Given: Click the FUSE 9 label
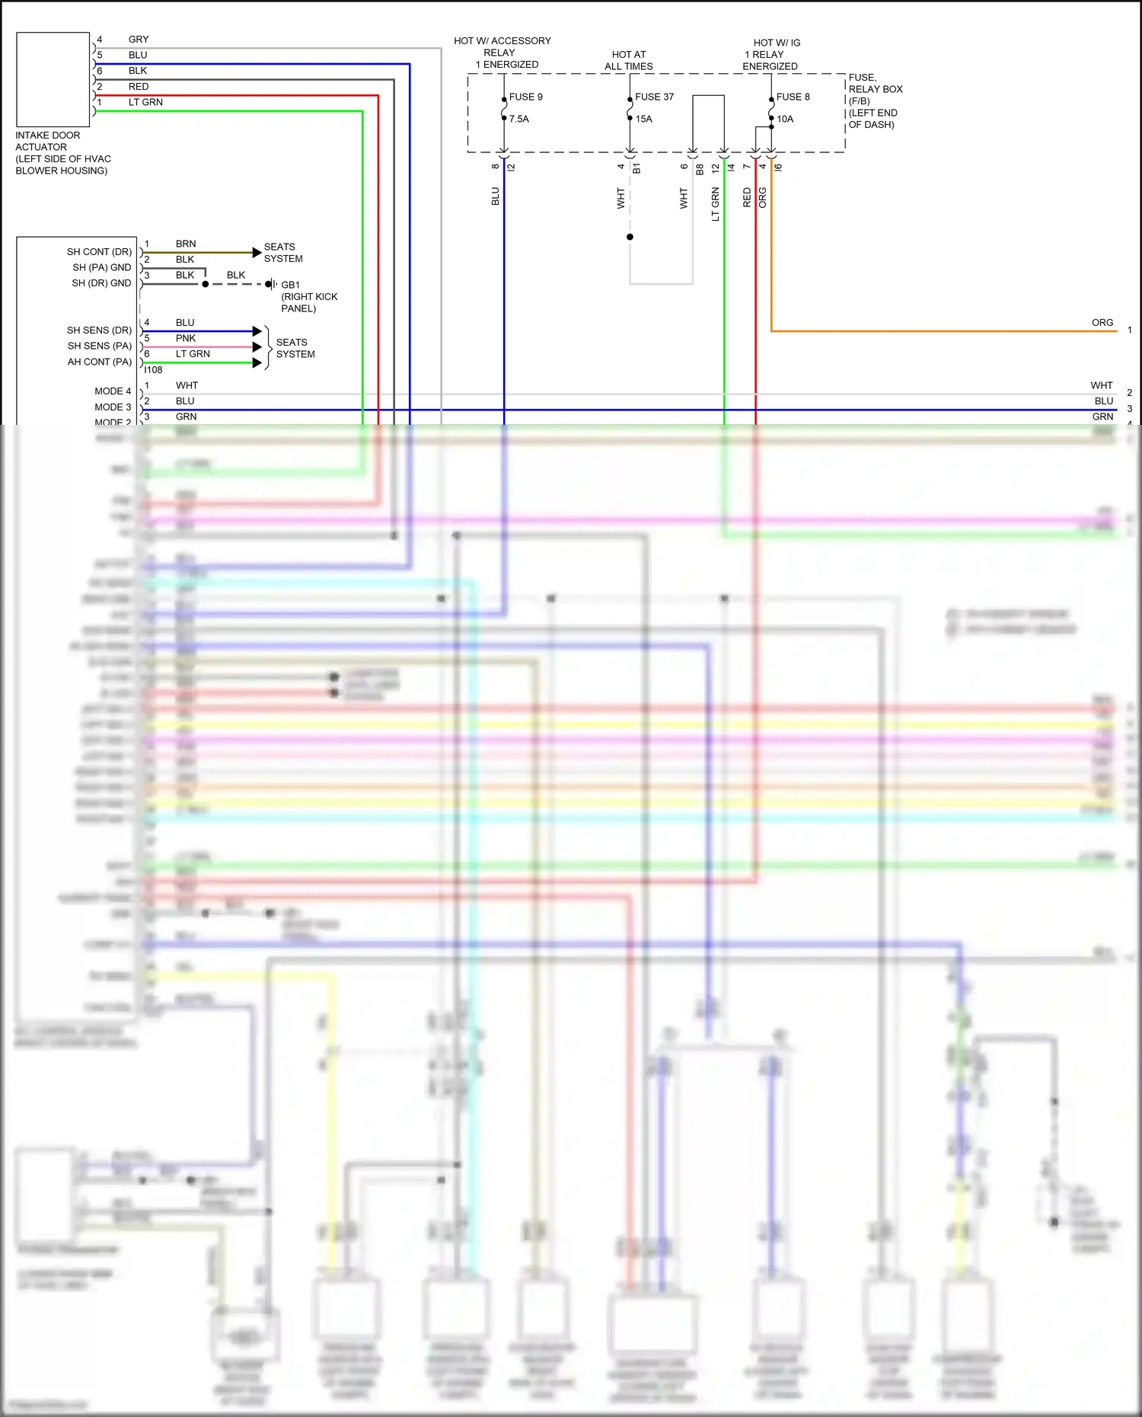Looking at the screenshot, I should pyautogui.click(x=525, y=97).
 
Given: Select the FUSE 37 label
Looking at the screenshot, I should pyautogui.click(x=654, y=97).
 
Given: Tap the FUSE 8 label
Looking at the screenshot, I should pyautogui.click(x=793, y=97).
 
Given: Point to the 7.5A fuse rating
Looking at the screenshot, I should pyautogui.click(x=518, y=119).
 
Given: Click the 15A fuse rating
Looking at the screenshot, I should pyautogui.click(x=643, y=119).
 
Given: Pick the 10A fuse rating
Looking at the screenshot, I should pyautogui.click(x=784, y=119).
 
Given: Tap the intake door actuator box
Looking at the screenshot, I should pyautogui.click(x=53, y=79).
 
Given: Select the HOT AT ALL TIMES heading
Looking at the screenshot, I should pyautogui.click(x=628, y=60).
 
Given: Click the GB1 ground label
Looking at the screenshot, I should pyautogui.click(x=290, y=285).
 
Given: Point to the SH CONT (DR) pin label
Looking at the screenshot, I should pyautogui.click(x=99, y=251).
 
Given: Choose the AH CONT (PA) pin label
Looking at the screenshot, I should pyautogui.click(x=99, y=362).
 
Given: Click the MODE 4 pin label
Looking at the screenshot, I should pyautogui.click(x=113, y=391).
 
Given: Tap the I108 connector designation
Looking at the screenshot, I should pyautogui.click(x=153, y=370).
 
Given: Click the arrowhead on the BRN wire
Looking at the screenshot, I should pyautogui.click(x=257, y=252).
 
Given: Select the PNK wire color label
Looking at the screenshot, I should pyautogui.click(x=186, y=338).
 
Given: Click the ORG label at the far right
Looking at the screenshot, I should pyautogui.click(x=1102, y=323).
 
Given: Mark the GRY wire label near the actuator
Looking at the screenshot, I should pyautogui.click(x=139, y=39).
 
